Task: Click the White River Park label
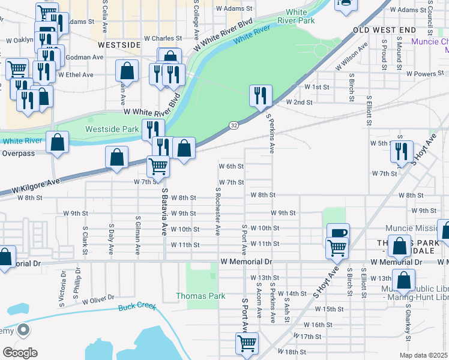tap(296, 16)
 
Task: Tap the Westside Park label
tap(103, 129)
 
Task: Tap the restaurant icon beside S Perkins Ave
tap(261, 95)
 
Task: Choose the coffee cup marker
tap(337, 233)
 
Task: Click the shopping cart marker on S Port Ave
tap(247, 344)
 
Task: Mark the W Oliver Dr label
tap(98, 299)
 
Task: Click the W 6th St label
tap(231, 166)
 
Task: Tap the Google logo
tap(20, 353)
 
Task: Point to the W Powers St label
tap(424, 74)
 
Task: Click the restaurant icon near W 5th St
tap(401, 151)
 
